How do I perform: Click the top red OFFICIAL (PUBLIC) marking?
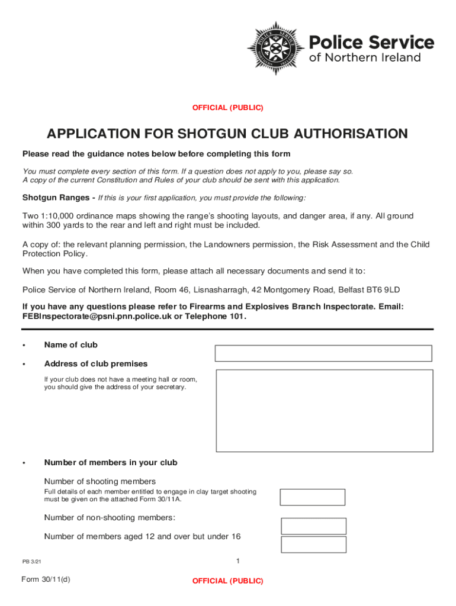click(x=227, y=108)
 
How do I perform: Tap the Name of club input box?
click(x=323, y=353)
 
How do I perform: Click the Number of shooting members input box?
click(x=312, y=497)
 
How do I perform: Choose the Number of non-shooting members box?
click(x=313, y=526)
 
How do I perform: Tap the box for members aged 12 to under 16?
click(x=313, y=544)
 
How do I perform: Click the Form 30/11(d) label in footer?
click(x=46, y=579)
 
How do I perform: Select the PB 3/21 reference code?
click(x=32, y=562)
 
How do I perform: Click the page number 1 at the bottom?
click(x=237, y=561)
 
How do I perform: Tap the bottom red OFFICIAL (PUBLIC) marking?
click(x=227, y=581)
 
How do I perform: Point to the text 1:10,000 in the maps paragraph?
click(x=59, y=216)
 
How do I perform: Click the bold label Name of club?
click(x=70, y=345)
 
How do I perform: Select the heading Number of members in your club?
click(x=110, y=463)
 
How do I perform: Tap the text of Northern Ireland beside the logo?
click(x=365, y=58)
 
